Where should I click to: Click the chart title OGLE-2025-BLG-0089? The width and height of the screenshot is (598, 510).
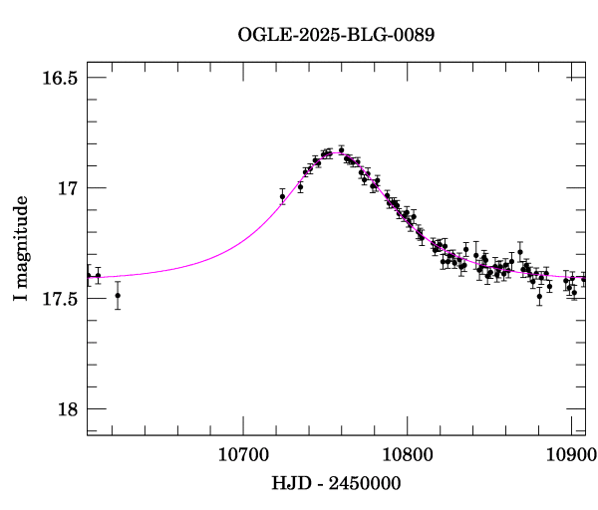[x=336, y=34]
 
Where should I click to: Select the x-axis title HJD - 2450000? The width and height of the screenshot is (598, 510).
[x=337, y=483]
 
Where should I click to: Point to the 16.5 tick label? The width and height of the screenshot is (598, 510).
[x=60, y=78]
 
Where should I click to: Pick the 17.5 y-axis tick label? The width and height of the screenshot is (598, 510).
[x=60, y=299]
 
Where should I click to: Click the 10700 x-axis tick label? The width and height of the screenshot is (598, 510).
[x=243, y=454]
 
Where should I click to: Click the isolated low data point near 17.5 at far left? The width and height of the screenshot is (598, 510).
[x=118, y=295]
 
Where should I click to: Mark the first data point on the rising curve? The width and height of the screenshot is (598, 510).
[x=283, y=197]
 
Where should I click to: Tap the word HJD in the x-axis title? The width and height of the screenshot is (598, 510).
[x=290, y=483]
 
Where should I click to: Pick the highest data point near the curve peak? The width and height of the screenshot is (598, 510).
[x=341, y=149]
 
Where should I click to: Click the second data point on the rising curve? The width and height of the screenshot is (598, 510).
[x=300, y=186]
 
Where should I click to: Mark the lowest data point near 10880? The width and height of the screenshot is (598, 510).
[x=539, y=296]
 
